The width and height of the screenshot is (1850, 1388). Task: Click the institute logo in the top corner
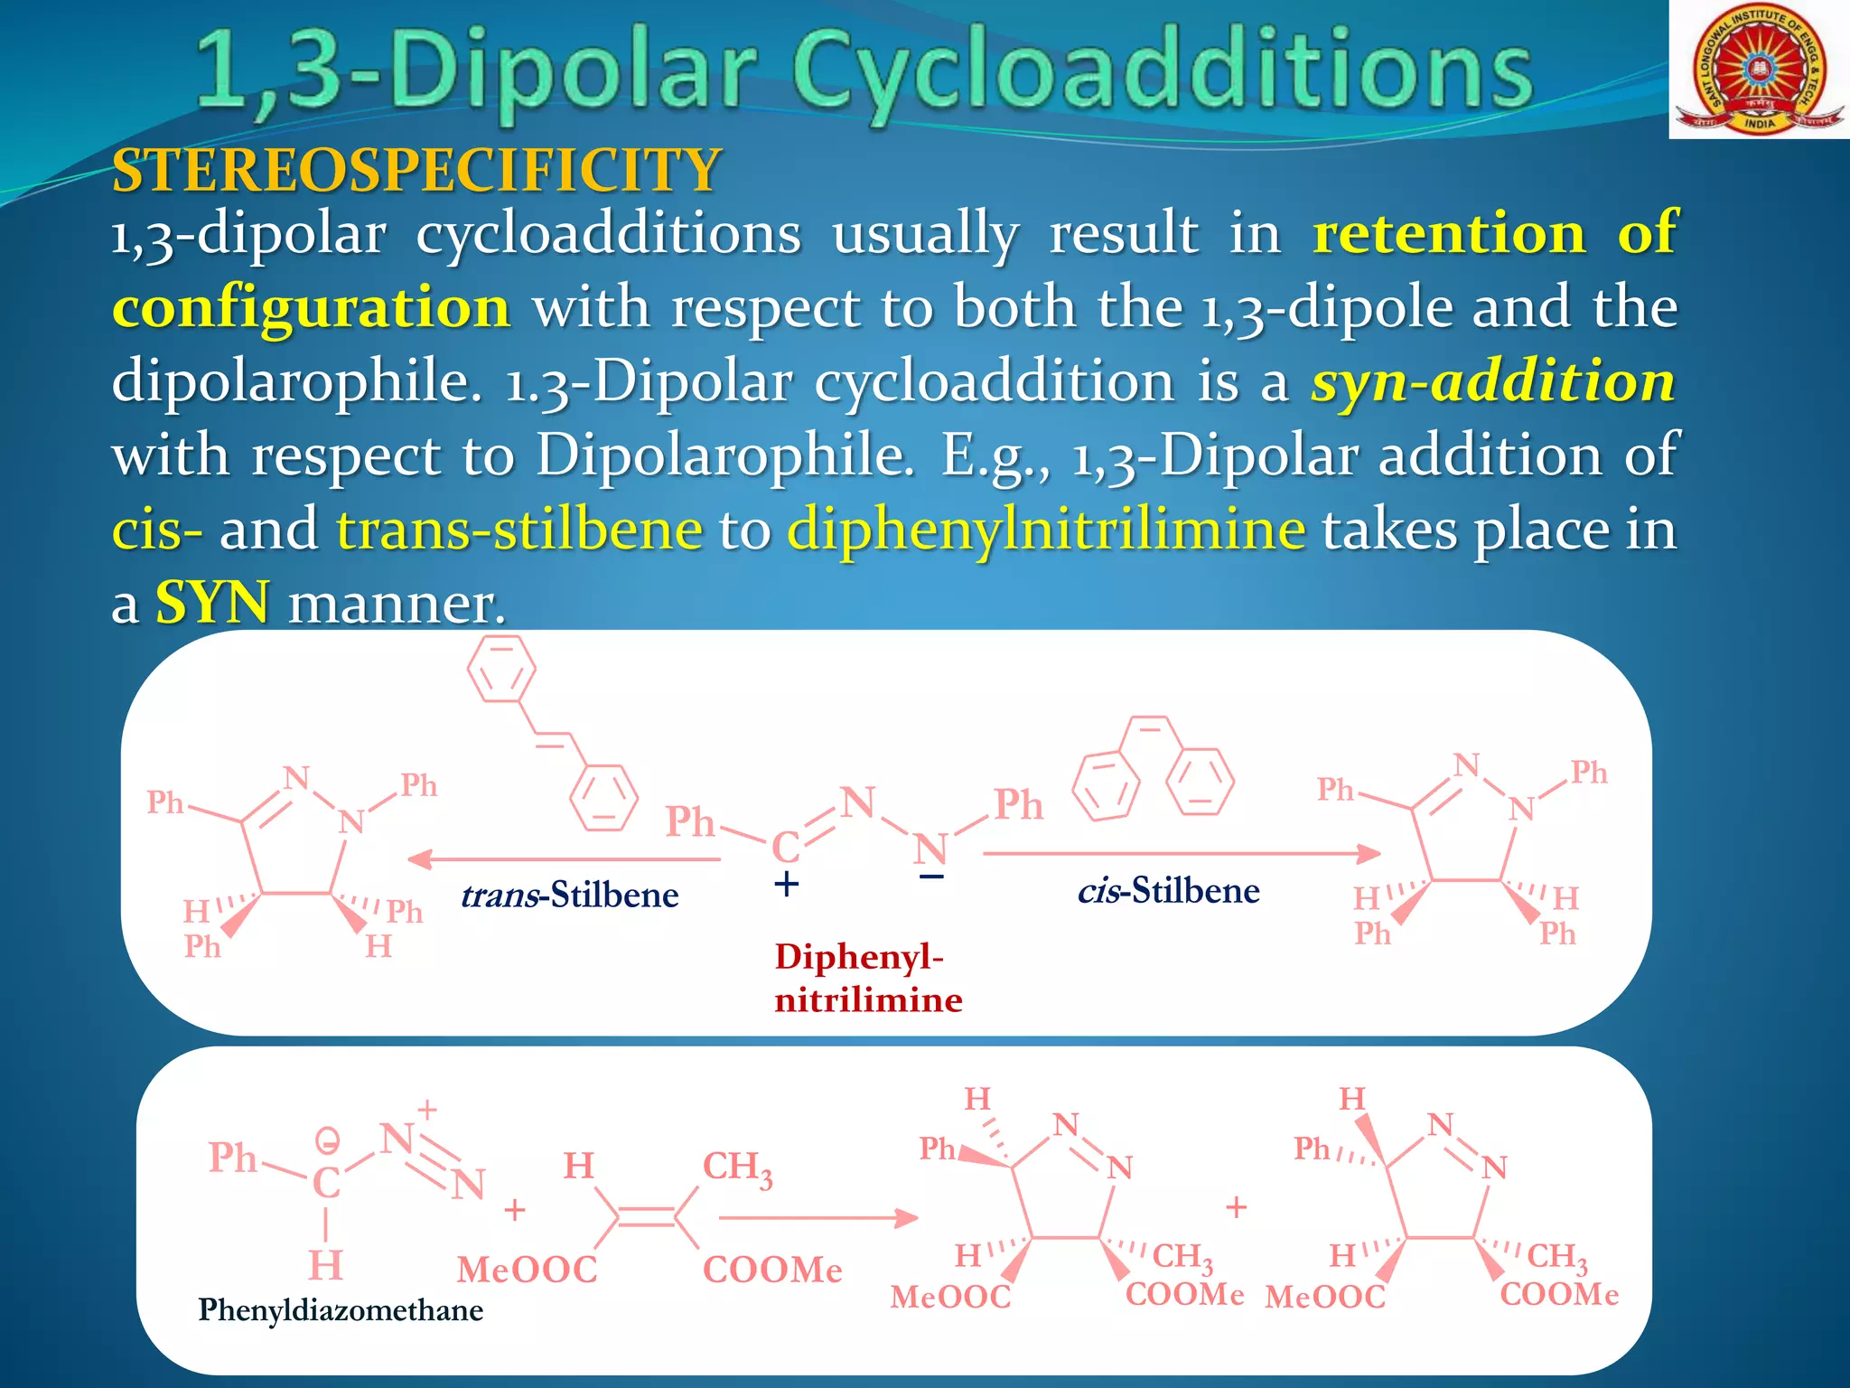click(x=1757, y=70)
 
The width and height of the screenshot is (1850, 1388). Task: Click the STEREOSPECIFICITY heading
click(x=416, y=170)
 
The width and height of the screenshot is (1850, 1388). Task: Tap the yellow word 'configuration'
click(x=311, y=307)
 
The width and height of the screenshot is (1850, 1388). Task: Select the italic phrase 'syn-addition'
click(x=1493, y=381)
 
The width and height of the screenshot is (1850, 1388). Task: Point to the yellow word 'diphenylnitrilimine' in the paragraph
click(x=1046, y=529)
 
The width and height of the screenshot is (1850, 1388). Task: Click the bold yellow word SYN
click(x=212, y=603)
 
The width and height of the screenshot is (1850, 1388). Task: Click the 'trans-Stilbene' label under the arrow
click(x=569, y=895)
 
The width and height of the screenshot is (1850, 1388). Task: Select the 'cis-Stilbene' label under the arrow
click(x=1168, y=891)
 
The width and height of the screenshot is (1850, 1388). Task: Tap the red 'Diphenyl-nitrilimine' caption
click(x=867, y=978)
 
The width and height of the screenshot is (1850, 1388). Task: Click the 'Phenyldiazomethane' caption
click(x=341, y=1309)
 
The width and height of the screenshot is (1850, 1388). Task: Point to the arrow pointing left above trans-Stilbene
click(x=564, y=858)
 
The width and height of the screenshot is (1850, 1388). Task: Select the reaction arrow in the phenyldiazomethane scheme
click(x=818, y=1218)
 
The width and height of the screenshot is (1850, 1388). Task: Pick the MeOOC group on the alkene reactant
click(x=527, y=1270)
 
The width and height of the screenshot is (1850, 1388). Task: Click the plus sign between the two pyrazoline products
click(x=1237, y=1207)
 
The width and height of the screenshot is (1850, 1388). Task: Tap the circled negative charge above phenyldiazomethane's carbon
click(x=327, y=1141)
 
